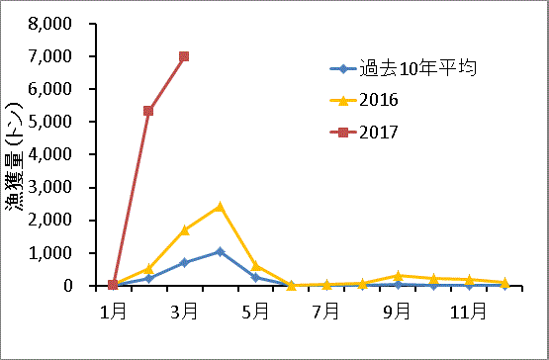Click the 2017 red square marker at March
click(184, 56)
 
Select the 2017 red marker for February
click(148, 111)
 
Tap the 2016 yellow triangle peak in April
click(220, 207)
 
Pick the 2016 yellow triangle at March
click(184, 230)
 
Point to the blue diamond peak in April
click(220, 252)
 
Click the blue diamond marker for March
click(184, 263)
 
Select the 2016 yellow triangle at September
click(398, 276)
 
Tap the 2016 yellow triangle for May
click(255, 266)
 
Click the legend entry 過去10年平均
click(403, 68)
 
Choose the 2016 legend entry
click(364, 101)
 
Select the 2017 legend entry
click(364, 133)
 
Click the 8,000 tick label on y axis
click(50, 24)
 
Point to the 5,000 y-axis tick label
click(50, 122)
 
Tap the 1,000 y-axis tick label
click(50, 253)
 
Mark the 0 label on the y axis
click(67, 286)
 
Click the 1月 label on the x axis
click(113, 311)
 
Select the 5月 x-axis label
click(255, 311)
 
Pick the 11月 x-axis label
click(468, 311)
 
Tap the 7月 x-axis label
click(326, 311)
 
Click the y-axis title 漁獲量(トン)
click(14, 156)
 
